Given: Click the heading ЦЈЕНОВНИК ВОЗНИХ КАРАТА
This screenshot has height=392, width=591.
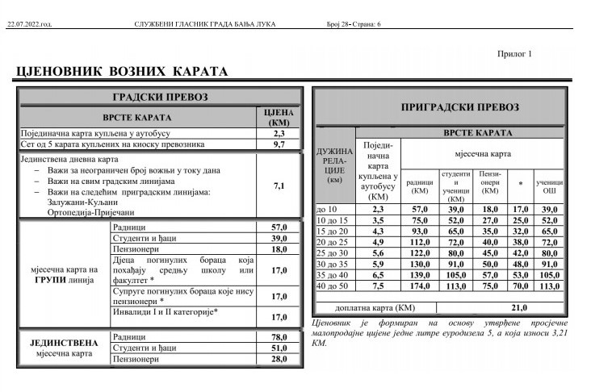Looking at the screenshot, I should tap(122, 72).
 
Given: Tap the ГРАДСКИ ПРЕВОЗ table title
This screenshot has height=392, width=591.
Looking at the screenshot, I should tap(160, 98).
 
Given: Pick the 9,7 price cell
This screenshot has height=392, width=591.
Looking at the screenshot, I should tap(279, 144).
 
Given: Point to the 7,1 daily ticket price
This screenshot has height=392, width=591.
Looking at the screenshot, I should tap(279, 186).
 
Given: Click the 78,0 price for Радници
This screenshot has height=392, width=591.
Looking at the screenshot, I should tap(279, 336).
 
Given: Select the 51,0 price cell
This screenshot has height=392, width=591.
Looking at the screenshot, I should tap(279, 348).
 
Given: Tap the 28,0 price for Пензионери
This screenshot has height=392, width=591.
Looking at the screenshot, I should tap(279, 359).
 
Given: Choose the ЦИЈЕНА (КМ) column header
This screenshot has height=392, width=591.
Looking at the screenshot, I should tap(279, 118).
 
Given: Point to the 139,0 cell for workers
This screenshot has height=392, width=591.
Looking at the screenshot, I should tap(419, 273).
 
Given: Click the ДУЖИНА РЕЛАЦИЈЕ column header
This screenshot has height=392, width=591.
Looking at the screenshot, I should tap(335, 165).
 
